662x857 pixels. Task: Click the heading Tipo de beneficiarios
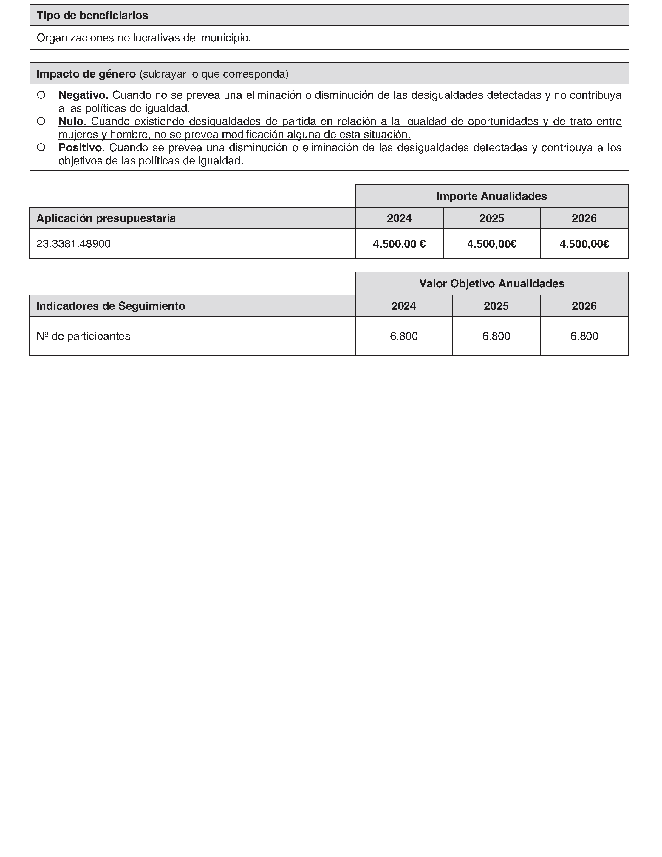(92, 15)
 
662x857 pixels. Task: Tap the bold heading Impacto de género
(86, 74)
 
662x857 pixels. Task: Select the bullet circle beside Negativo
(41, 95)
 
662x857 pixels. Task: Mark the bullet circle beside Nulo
(41, 121)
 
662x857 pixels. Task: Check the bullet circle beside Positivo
(41, 147)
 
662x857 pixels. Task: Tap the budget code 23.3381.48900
(73, 244)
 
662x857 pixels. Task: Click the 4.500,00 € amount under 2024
(399, 244)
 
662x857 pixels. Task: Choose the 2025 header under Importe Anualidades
(491, 218)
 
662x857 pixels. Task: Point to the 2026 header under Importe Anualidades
(584, 218)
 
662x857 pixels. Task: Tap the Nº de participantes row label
(83, 336)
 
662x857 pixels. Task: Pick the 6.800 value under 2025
(496, 336)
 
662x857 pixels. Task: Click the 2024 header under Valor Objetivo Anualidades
(403, 306)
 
